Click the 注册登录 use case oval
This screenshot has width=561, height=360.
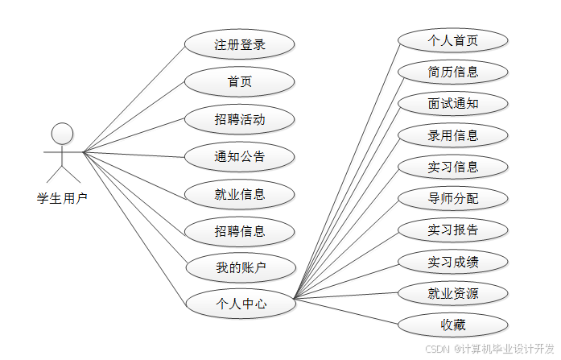tap(239, 45)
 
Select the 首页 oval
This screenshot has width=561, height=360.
tap(239, 82)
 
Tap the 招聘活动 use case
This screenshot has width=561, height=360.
tap(239, 120)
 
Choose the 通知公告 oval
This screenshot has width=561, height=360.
tap(239, 157)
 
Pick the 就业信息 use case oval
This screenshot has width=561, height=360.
tap(239, 194)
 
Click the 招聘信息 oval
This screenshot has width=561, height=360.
tap(239, 232)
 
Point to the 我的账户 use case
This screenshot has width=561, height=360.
tap(239, 267)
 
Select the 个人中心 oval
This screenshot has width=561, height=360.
tap(239, 304)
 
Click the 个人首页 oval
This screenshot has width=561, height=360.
tap(453, 40)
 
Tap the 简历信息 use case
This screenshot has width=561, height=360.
tap(453, 72)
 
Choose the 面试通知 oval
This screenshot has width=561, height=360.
tap(453, 104)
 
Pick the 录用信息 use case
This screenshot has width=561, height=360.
tap(453, 135)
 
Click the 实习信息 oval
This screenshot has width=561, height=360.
tap(453, 167)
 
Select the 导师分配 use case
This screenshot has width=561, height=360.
tap(453, 198)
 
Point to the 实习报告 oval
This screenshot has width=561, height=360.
tap(453, 230)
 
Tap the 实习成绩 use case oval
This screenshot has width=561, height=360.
tap(453, 262)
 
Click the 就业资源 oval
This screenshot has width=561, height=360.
tap(453, 293)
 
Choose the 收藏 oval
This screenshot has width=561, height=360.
tap(453, 325)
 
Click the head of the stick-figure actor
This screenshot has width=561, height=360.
tap(62, 133)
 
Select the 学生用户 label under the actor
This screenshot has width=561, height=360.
tap(62, 198)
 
